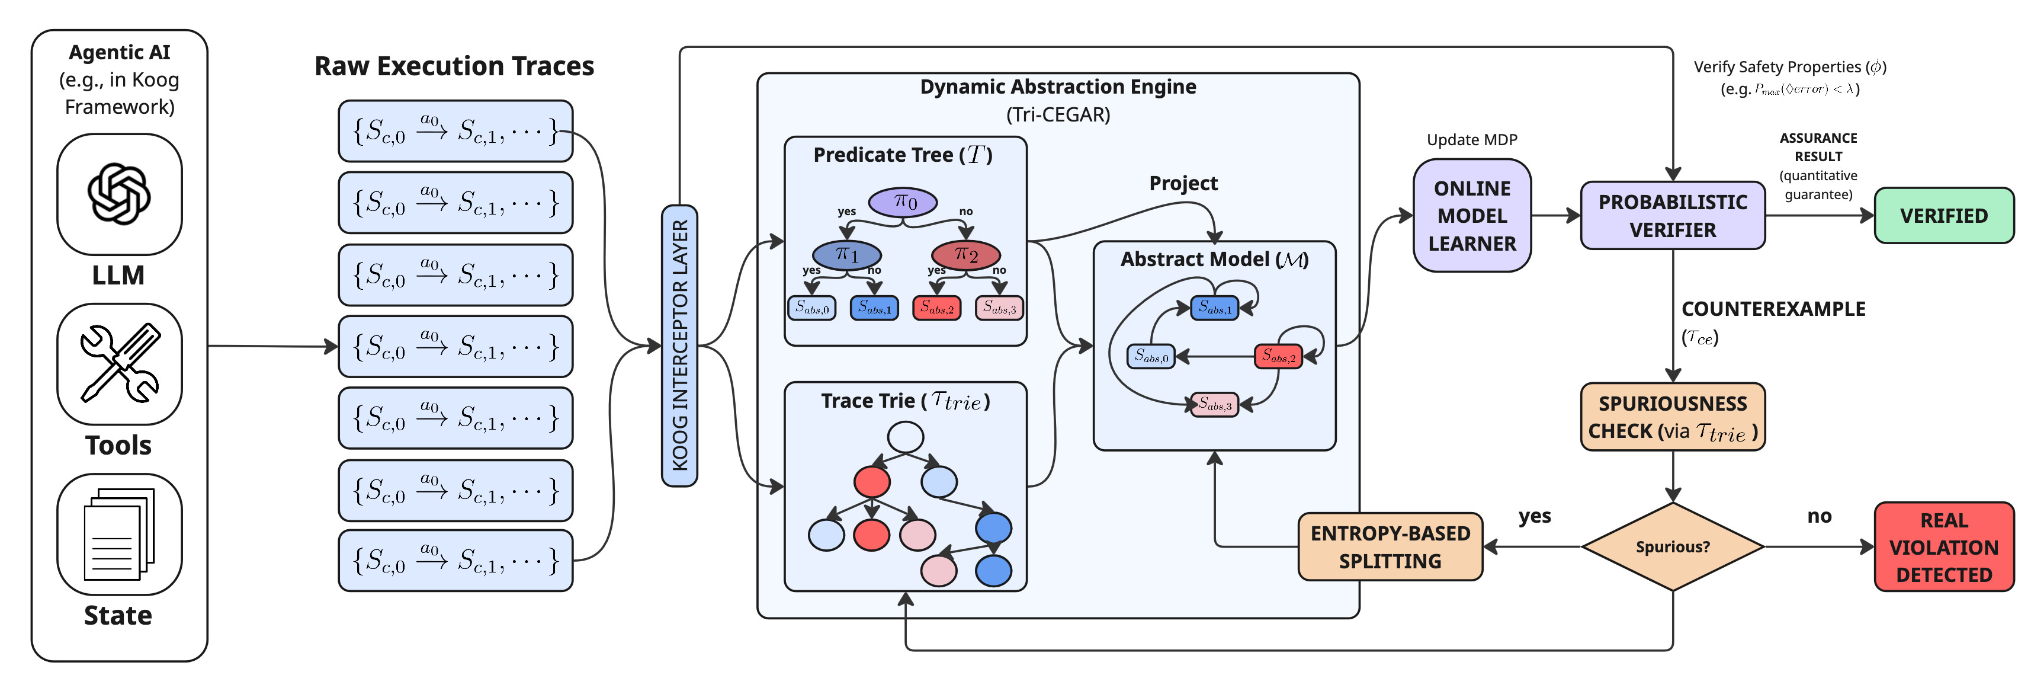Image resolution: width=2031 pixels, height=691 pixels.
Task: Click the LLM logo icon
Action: click(119, 194)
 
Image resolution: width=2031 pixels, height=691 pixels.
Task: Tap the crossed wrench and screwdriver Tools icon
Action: click(119, 364)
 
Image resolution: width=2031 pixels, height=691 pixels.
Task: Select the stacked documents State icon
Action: click(119, 534)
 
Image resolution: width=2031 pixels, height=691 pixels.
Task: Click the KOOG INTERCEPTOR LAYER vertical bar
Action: click(679, 345)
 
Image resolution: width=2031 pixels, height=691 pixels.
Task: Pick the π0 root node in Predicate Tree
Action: click(903, 202)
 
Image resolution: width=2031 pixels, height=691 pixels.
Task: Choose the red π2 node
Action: click(966, 254)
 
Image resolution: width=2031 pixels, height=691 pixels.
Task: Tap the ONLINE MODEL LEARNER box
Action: click(1472, 215)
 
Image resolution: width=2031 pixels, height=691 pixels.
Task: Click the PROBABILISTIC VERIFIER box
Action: click(1672, 215)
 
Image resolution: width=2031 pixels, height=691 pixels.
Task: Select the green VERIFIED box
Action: click(1943, 215)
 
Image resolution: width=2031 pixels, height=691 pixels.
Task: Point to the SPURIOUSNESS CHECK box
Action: click(1672, 417)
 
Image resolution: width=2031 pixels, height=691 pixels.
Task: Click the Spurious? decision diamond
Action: click(1672, 546)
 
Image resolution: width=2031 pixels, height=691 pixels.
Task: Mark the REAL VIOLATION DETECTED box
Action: click(1943, 546)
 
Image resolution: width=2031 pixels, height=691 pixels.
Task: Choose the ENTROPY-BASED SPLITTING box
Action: click(1390, 546)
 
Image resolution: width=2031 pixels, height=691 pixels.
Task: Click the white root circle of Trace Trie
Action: click(905, 437)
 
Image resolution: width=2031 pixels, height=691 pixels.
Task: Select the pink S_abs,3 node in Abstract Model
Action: click(1214, 405)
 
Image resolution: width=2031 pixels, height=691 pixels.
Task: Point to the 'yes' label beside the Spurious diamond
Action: click(1534, 516)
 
